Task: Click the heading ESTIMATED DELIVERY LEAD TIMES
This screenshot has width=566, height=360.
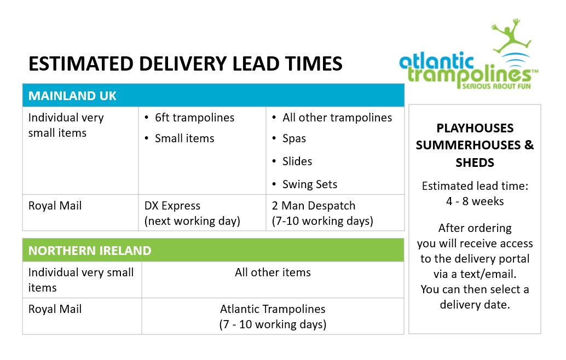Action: tap(185, 63)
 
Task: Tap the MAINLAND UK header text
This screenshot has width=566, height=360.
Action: tap(72, 96)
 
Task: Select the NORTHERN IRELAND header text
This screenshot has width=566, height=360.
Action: tap(90, 251)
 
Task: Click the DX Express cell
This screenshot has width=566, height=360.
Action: tap(192, 213)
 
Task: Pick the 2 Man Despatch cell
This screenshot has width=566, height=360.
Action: tap(322, 213)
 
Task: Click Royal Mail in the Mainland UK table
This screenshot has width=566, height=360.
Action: tap(55, 206)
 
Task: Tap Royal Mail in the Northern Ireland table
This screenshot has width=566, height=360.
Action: tap(55, 309)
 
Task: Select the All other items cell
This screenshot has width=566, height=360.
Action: tap(273, 272)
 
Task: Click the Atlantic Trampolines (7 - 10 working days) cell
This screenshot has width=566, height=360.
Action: tap(273, 316)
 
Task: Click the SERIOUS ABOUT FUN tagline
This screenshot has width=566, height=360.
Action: tap(496, 86)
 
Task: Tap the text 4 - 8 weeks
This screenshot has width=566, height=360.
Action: tap(475, 201)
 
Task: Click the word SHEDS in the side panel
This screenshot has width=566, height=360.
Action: tap(475, 162)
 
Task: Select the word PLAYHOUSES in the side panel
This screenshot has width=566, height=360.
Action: tap(475, 128)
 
